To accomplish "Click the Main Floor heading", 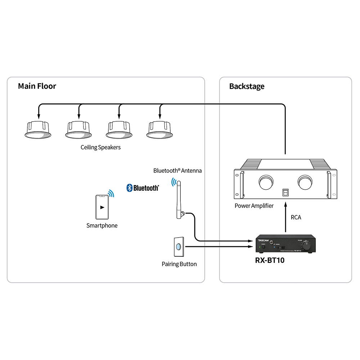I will tap(37, 86).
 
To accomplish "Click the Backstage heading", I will tap(247, 86).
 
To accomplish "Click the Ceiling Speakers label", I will tap(100, 147).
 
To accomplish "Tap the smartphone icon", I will tap(102, 207).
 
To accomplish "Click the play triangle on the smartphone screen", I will tap(103, 207).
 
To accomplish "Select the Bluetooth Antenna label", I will tap(177, 171).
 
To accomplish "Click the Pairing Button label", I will tap(179, 264).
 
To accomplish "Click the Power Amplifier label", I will tap(254, 206).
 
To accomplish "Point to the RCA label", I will tap(296, 217).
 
